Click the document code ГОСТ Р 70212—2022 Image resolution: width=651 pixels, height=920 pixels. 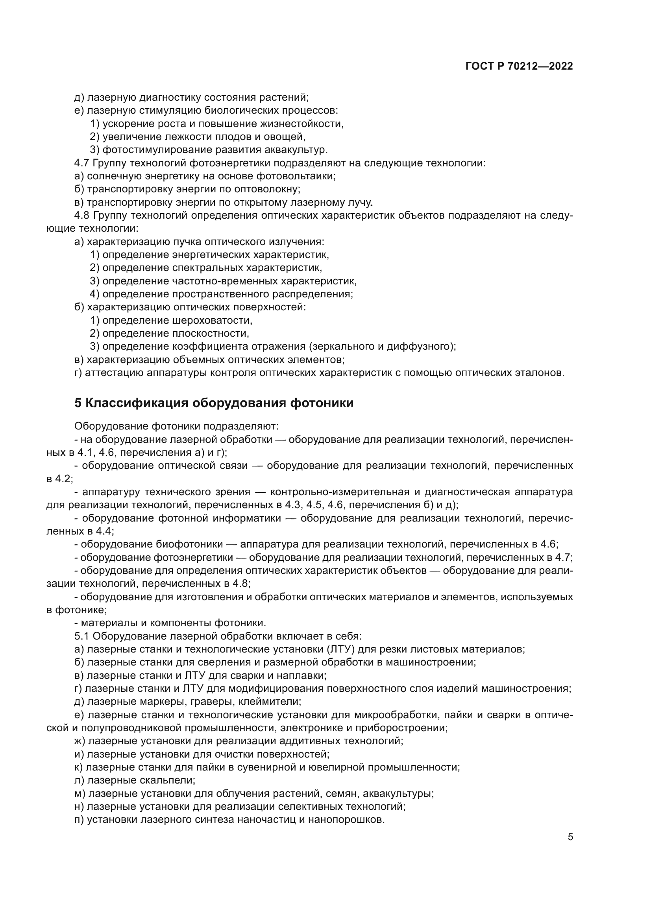[519, 66]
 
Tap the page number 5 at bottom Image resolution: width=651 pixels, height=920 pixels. [570, 837]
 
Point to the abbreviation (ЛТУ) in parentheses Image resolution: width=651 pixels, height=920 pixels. [340, 649]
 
